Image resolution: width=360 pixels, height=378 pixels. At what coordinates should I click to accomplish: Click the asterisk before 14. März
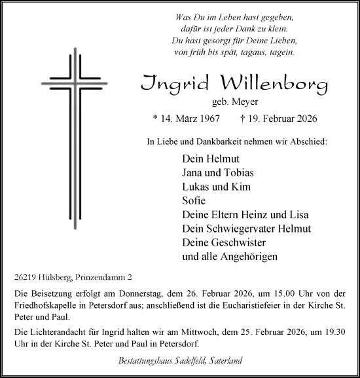tap(155, 120)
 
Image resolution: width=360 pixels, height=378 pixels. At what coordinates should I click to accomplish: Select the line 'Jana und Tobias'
tap(217, 172)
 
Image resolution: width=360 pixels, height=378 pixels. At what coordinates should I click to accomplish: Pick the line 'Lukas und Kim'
tap(213, 187)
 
